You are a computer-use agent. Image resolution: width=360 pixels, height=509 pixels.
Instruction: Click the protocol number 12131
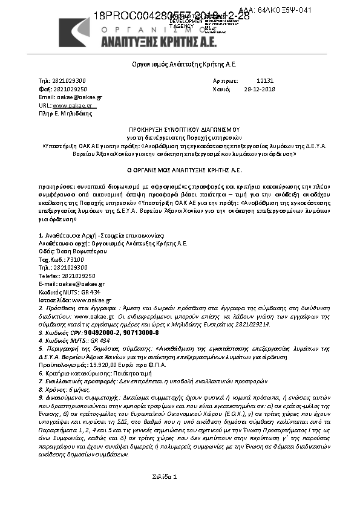coord(265,80)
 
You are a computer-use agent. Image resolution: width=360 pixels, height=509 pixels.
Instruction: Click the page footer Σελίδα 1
coord(165,478)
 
